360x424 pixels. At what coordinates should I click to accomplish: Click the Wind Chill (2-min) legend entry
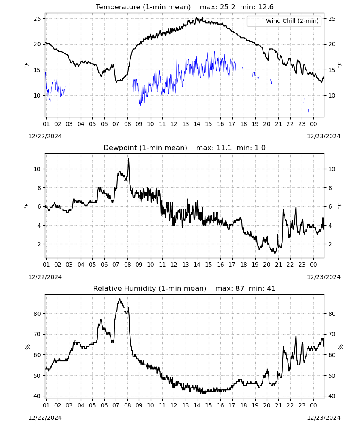[x=284, y=21]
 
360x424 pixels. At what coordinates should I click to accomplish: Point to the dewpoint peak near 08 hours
[x=129, y=159]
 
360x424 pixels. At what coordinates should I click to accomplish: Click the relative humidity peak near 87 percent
[x=119, y=299]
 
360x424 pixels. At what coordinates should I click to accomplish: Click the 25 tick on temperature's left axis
[x=37, y=19]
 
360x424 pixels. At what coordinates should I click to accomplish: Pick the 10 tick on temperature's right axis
[x=332, y=95]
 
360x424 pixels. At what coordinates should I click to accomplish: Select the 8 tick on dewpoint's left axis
[x=39, y=188]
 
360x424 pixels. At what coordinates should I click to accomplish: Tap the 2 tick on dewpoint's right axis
[x=330, y=244]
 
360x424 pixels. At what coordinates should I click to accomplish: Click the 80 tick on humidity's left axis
[x=37, y=314]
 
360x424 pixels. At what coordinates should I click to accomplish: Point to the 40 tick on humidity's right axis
[x=332, y=396]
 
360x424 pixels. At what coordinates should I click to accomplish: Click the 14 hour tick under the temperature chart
[x=197, y=124]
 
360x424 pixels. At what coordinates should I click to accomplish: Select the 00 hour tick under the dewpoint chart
[x=313, y=265]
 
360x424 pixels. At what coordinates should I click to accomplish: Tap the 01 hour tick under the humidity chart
[x=46, y=405]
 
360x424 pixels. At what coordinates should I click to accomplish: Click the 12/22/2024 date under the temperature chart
[x=45, y=136]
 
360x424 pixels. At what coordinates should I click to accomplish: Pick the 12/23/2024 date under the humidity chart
[x=324, y=418]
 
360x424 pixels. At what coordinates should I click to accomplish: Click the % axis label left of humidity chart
[x=27, y=347]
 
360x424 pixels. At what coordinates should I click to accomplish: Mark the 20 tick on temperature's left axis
[x=37, y=45]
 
